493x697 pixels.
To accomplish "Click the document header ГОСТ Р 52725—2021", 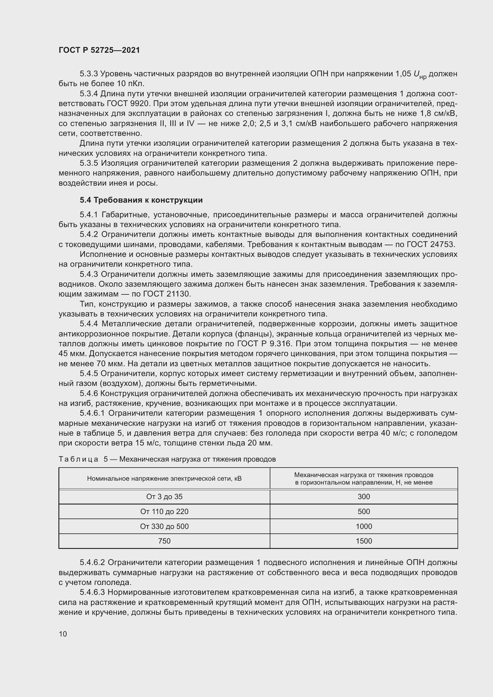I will coord(99,50).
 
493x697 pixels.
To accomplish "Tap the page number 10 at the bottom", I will coord(63,634).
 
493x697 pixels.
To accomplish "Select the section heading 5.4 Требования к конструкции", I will coord(141,200).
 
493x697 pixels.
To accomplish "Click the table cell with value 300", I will coord(364,497).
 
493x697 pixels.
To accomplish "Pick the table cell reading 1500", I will coord(364,541).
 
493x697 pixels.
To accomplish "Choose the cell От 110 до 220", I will coord(164,512).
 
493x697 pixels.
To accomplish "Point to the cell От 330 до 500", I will coord(164,526).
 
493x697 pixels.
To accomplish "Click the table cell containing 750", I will coord(164,541).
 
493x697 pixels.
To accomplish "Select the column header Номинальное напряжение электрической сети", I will coord(164,479).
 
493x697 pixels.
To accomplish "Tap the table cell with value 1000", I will coord(364,526).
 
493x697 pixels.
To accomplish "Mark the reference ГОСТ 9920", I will coord(128,103).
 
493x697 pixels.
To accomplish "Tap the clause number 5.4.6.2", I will coord(92,563).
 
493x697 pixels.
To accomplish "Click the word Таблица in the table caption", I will coord(78,459).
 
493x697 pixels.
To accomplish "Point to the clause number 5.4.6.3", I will coord(92,592).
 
